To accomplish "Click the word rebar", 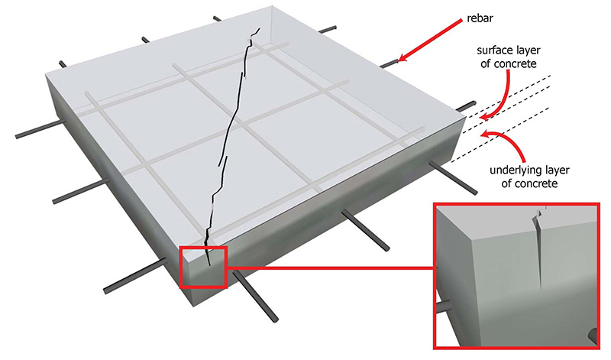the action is point(480,18).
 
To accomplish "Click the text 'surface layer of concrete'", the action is point(509,57).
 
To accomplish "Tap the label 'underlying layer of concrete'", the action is point(529,177).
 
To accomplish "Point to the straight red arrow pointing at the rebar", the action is point(430,41).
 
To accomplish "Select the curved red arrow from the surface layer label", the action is point(506,98).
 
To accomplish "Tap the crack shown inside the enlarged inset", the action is point(539,250).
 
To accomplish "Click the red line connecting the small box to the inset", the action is point(330,268).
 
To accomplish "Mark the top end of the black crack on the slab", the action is point(259,28).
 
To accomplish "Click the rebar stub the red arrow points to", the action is point(389,64).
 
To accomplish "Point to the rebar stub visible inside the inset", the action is point(443,306).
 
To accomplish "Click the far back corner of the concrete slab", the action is point(272,6).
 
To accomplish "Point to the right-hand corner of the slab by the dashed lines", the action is point(466,116).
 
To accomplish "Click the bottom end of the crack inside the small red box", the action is point(209,265).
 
